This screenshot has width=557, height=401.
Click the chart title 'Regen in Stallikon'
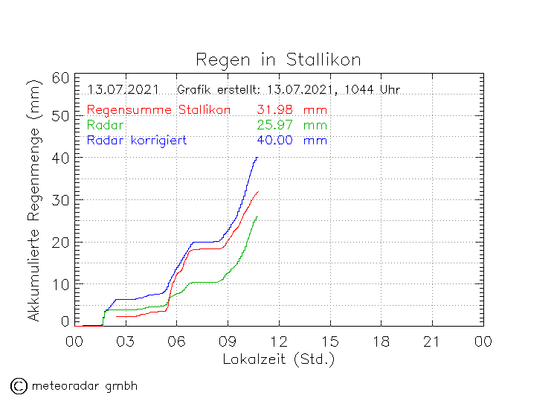pos(278,59)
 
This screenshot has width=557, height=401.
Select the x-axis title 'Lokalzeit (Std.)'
pos(279,359)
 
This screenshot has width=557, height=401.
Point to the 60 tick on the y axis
pos(61,78)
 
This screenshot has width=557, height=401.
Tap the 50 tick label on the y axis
pos(61,116)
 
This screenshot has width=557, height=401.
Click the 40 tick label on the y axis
pos(61,158)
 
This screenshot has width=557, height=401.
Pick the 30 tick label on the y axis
pos(61,200)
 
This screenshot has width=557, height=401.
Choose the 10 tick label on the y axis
pos(61,283)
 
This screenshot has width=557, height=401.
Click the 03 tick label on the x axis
pos(126,341)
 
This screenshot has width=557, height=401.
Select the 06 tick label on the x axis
pos(177,341)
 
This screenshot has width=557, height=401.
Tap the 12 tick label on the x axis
pos(279,341)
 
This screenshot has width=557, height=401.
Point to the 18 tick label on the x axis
pos(381,341)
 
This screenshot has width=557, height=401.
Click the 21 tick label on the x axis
pos(432,341)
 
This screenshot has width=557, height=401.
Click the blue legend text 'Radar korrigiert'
pos(136,140)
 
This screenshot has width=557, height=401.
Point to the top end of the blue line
pos(257,157)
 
